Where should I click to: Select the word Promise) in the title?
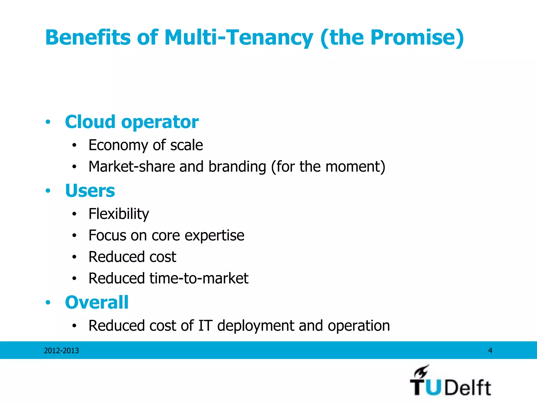point(417,38)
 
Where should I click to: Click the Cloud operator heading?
point(132,122)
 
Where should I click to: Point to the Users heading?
point(90,190)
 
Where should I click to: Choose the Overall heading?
point(97,302)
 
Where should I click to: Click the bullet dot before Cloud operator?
point(48,122)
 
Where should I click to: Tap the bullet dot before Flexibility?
point(74,214)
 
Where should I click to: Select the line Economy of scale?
point(146,145)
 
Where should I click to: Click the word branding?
point(237,167)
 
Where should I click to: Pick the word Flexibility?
point(119,214)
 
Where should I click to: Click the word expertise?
point(214,235)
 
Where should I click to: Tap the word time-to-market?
point(199,278)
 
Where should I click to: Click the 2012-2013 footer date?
point(61,351)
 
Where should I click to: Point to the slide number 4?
point(490,351)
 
